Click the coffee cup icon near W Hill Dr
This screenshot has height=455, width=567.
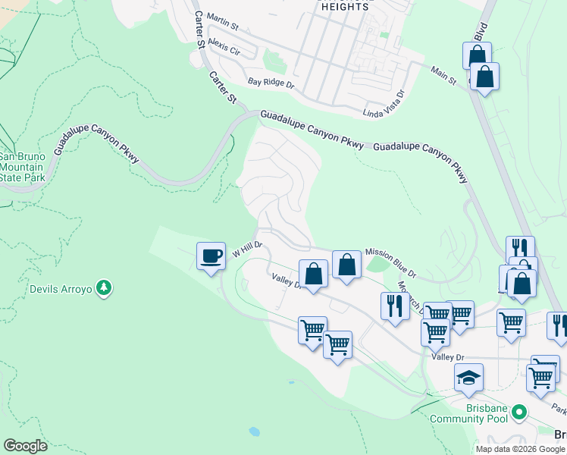(x=211, y=255)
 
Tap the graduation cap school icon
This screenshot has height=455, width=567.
(x=469, y=377)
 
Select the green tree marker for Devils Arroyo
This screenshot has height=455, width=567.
(x=105, y=288)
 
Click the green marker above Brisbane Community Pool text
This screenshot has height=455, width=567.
(x=519, y=413)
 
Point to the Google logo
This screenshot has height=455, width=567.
(x=25, y=446)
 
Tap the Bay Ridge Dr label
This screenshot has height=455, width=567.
(x=270, y=82)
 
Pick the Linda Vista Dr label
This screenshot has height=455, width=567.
(x=384, y=102)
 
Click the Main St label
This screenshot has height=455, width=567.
(x=443, y=75)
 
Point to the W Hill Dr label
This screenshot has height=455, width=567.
(x=246, y=249)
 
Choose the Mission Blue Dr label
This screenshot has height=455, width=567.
(x=390, y=262)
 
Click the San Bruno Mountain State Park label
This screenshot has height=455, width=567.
(x=23, y=167)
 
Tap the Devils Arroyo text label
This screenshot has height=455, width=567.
(x=60, y=289)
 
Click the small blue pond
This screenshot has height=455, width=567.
(x=254, y=431)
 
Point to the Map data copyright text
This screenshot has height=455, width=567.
(x=520, y=449)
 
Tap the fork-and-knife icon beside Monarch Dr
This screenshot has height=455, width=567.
(x=394, y=306)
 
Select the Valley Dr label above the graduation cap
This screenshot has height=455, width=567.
(x=447, y=357)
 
